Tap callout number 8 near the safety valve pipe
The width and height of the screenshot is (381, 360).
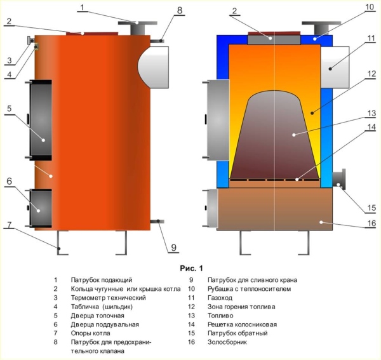[179, 10]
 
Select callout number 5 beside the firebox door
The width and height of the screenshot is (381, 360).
[10, 109]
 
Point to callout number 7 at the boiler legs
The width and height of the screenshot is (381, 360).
[10, 226]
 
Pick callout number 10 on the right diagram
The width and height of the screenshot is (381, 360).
[370, 8]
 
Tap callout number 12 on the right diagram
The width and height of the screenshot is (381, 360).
[370, 73]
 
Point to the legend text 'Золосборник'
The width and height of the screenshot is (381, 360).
[229, 342]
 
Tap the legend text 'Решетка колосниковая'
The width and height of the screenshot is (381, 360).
[242, 324]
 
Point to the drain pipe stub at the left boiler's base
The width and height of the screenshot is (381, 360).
[156, 221]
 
